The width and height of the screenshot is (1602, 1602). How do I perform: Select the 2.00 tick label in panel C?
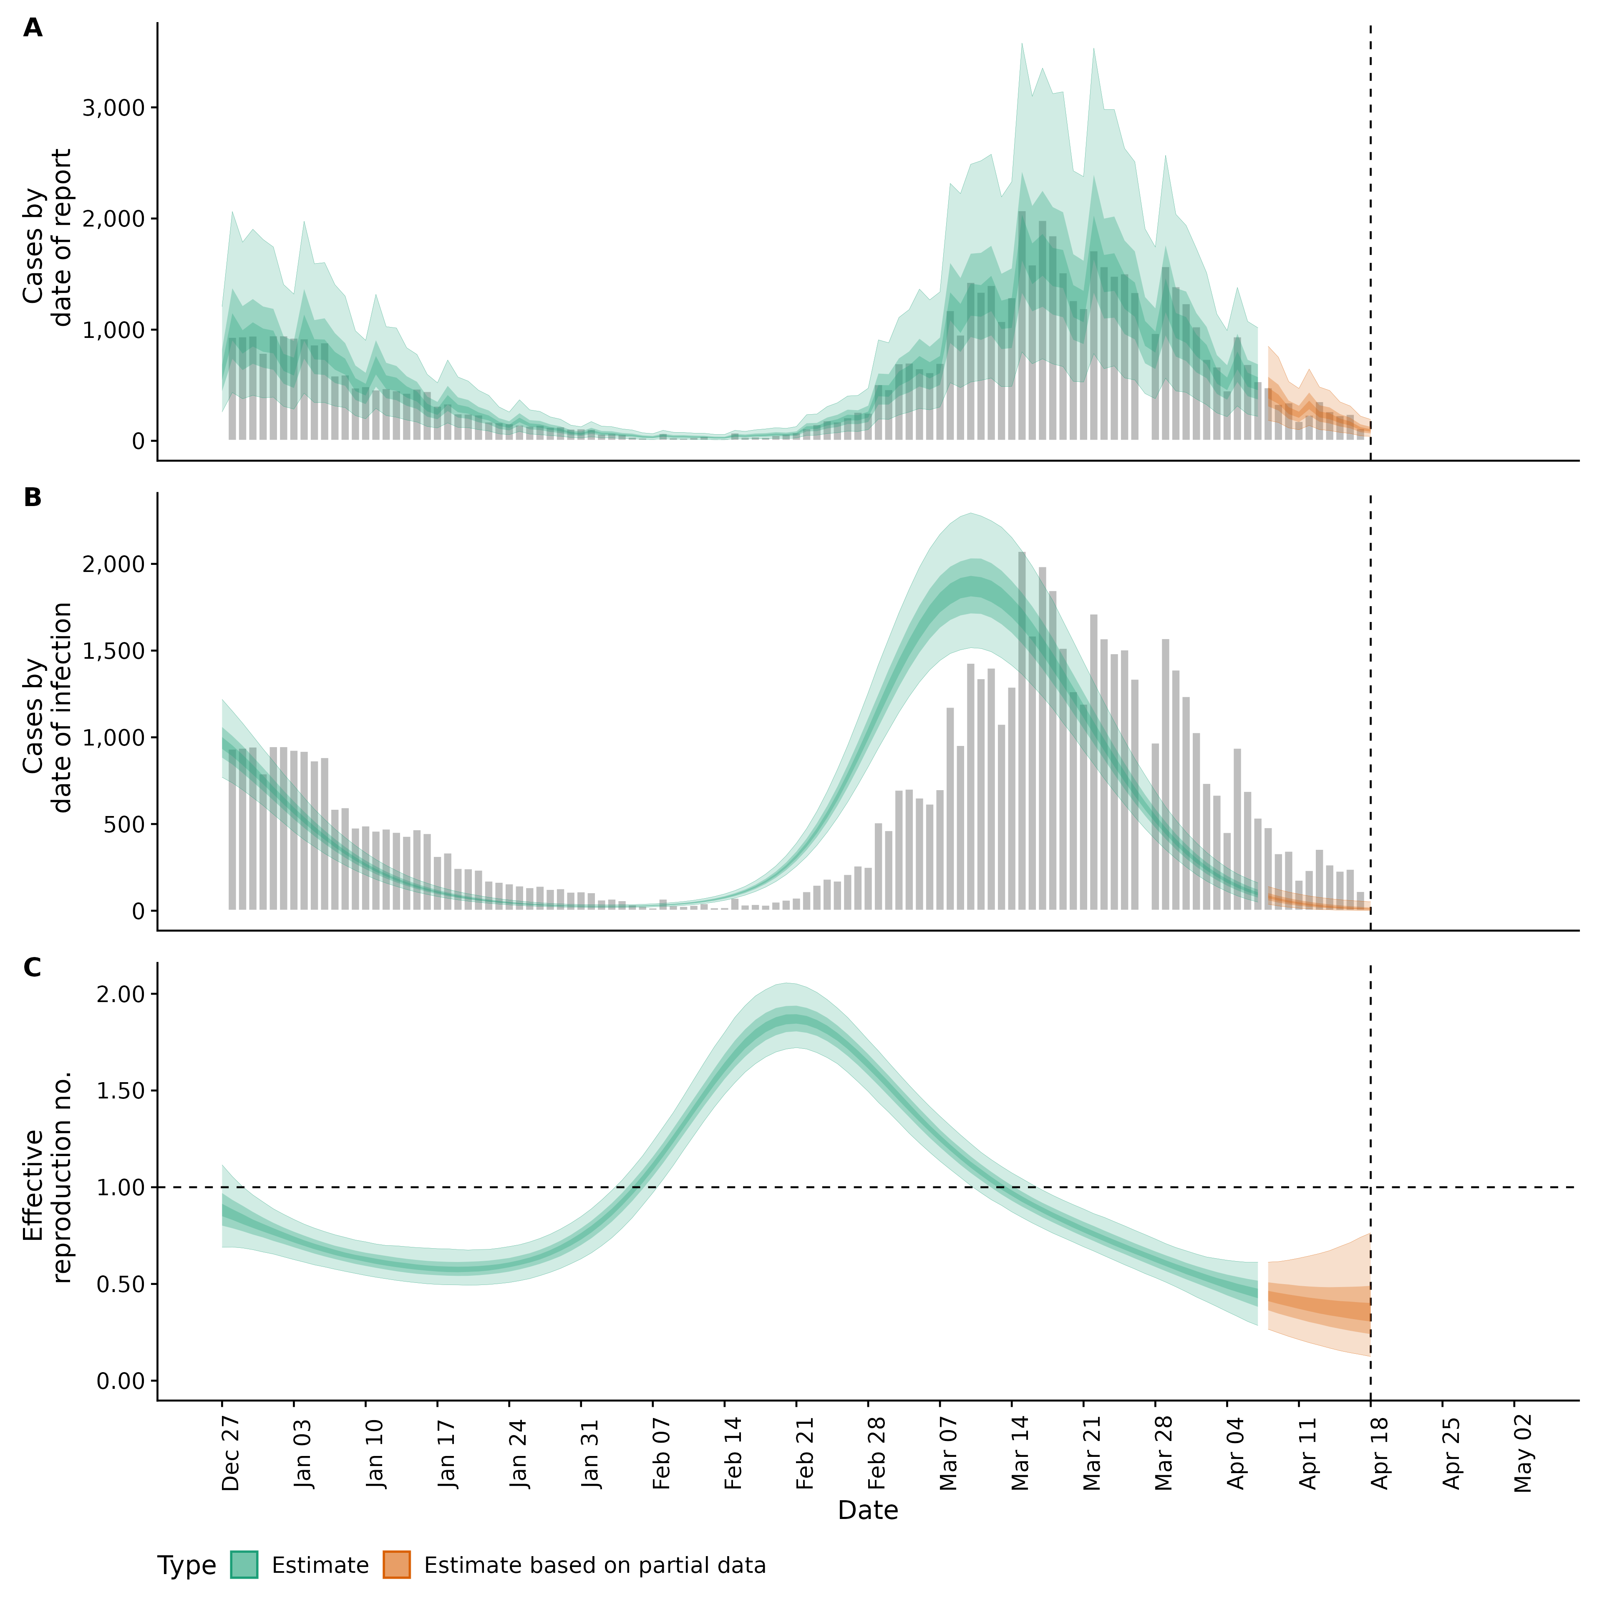coord(120,994)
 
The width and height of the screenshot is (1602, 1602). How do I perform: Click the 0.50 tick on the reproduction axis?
coord(120,1285)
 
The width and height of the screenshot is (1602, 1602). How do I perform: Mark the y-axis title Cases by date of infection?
coord(47,707)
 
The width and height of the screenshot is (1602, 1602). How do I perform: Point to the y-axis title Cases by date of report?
coord(47,238)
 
